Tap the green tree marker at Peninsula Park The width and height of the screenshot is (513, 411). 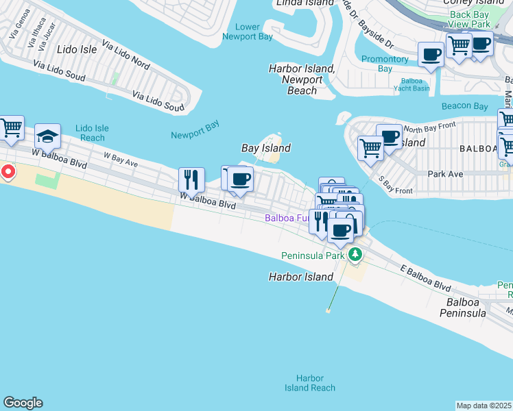355,256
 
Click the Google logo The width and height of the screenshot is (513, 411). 23,403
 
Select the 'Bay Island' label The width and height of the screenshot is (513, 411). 266,148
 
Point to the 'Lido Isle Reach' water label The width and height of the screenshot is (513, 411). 92,133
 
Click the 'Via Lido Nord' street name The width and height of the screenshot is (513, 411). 126,55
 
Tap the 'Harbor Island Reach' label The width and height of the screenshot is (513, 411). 310,383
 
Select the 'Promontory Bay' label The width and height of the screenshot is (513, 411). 385,64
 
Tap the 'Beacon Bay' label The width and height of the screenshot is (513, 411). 464,106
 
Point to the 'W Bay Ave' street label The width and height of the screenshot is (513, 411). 121,160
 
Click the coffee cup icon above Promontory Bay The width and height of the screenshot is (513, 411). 431,54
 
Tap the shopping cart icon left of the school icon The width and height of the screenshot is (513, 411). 11,128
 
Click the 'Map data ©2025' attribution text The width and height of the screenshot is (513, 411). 484,406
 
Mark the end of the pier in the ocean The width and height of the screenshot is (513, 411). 328,310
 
